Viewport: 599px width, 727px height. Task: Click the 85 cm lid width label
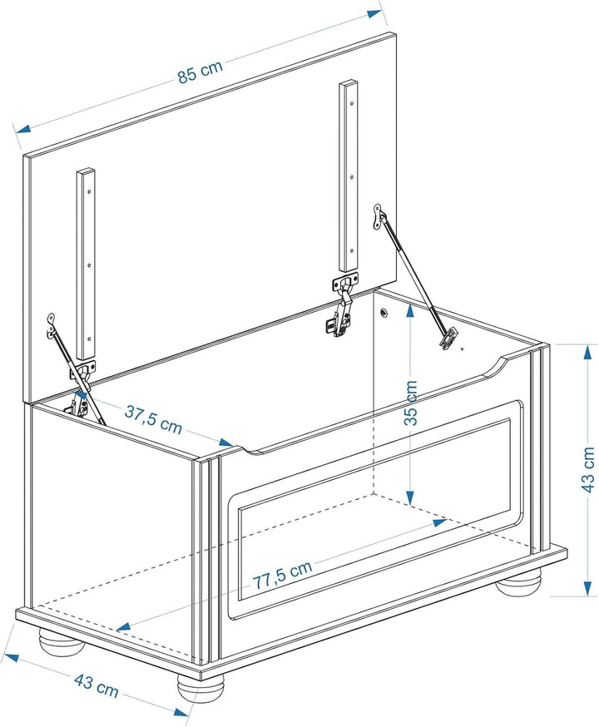tap(200, 72)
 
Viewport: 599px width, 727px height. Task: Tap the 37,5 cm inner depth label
tap(153, 419)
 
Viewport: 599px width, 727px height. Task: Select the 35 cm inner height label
tap(411, 403)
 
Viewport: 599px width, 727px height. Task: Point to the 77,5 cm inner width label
tap(282, 575)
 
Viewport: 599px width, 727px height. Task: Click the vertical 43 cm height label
tap(587, 469)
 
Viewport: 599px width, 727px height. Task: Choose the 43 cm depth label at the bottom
tap(97, 685)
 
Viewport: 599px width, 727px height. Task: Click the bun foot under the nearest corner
tap(200, 688)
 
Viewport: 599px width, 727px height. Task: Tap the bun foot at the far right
tap(517, 584)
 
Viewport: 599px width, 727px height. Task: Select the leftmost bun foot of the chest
tap(61, 641)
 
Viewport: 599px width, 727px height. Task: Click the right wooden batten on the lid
tap(349, 176)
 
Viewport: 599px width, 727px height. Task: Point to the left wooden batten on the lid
tap(87, 265)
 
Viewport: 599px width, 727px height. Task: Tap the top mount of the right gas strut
tap(379, 217)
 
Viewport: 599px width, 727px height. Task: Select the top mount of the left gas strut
tap(52, 324)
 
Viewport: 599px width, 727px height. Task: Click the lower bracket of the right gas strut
tap(448, 339)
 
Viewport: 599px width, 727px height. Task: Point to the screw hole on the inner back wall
tap(384, 313)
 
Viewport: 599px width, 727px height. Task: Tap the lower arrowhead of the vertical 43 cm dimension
tap(588, 588)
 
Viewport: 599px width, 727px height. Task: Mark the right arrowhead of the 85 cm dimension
tap(374, 13)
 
